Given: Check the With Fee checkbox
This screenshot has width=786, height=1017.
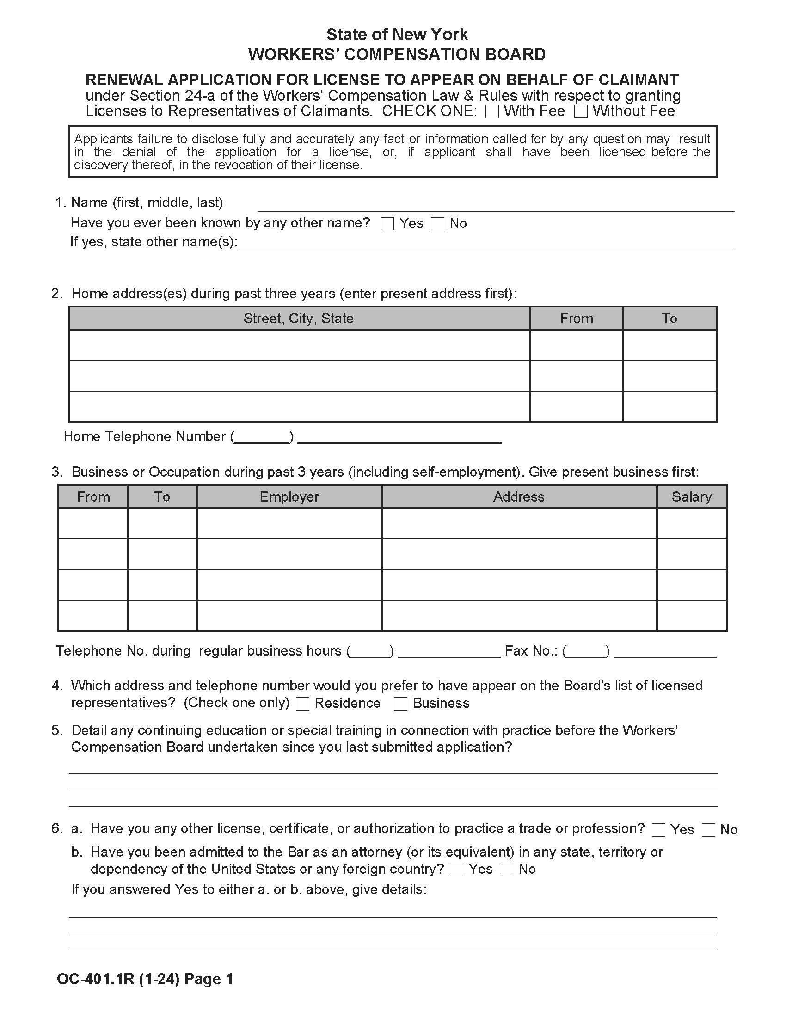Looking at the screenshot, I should [492, 112].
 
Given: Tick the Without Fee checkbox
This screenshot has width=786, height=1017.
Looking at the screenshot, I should [581, 112].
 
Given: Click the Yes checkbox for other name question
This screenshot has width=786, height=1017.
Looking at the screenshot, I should [387, 224].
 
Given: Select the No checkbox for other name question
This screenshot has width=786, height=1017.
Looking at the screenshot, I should [437, 224].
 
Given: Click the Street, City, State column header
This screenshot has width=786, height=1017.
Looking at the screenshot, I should [299, 319].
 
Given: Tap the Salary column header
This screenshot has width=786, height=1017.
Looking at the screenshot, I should [692, 497].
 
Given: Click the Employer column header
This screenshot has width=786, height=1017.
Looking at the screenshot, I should [289, 497].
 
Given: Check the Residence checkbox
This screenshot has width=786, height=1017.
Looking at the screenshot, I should [303, 704].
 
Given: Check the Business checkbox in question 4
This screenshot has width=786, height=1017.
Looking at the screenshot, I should [400, 704].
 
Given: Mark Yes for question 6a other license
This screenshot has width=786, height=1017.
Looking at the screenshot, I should [658, 830].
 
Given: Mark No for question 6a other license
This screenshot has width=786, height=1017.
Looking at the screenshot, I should [708, 830].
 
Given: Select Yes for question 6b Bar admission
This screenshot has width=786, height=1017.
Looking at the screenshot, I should [457, 870].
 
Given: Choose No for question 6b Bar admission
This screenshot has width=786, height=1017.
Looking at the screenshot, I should [506, 870].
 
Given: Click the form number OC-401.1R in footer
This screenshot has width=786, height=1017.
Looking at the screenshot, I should [95, 979].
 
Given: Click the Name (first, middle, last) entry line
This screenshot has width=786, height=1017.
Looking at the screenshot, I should [496, 205].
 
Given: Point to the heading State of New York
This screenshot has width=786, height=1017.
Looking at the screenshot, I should [397, 35].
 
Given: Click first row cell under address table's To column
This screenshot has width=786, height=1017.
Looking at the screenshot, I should [669, 345].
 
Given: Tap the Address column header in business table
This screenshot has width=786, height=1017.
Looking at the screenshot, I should [519, 497].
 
